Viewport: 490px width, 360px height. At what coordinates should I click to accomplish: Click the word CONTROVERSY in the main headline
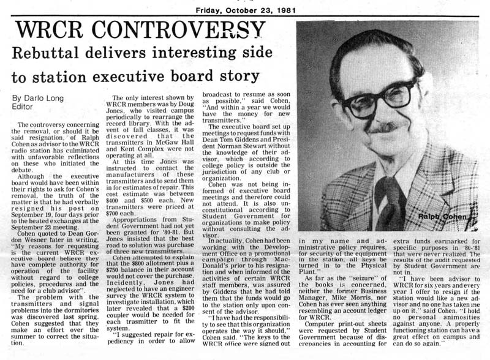click(x=175, y=29)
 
